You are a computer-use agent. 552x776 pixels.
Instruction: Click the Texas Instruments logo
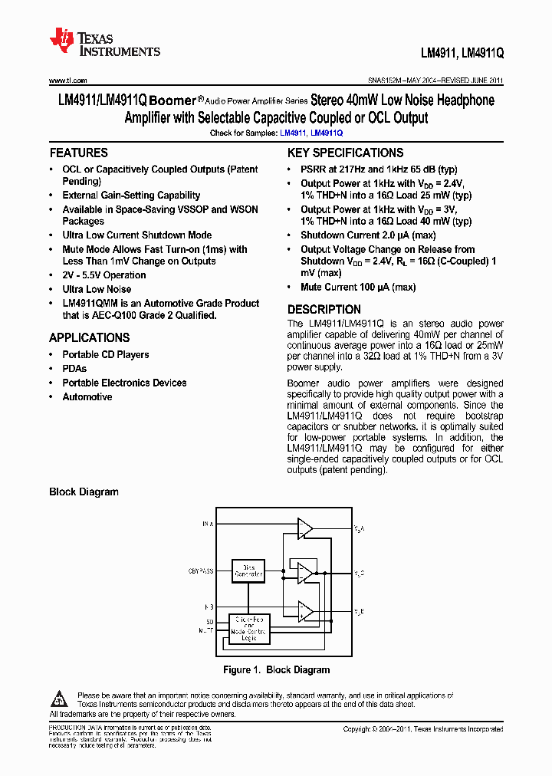coord(104,42)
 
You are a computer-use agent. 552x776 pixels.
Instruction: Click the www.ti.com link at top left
coord(67,81)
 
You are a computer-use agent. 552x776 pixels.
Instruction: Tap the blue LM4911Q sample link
coord(327,133)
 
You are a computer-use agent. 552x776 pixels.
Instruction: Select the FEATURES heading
coord(78,153)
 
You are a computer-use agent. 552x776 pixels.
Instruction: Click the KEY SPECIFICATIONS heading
coord(345,153)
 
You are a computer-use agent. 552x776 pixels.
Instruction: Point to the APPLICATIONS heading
coord(89,337)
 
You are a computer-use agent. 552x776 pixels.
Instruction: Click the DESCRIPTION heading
coord(324,310)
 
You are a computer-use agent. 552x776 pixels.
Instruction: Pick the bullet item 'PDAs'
coord(75,369)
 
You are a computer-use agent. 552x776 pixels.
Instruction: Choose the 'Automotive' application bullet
coord(87,396)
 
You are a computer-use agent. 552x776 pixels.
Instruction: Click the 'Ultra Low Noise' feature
coord(97,289)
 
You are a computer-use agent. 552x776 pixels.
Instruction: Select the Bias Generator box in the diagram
coord(248,570)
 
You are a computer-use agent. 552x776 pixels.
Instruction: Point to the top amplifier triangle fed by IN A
coord(305,528)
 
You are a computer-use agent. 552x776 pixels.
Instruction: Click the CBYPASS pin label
coord(202,571)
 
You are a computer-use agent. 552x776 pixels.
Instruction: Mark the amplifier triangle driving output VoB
coord(305,610)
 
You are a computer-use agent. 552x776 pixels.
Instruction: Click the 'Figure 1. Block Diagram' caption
coord(276,669)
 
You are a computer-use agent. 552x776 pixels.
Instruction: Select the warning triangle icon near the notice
coord(60,699)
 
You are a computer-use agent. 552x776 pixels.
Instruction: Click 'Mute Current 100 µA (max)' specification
coord(357,287)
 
